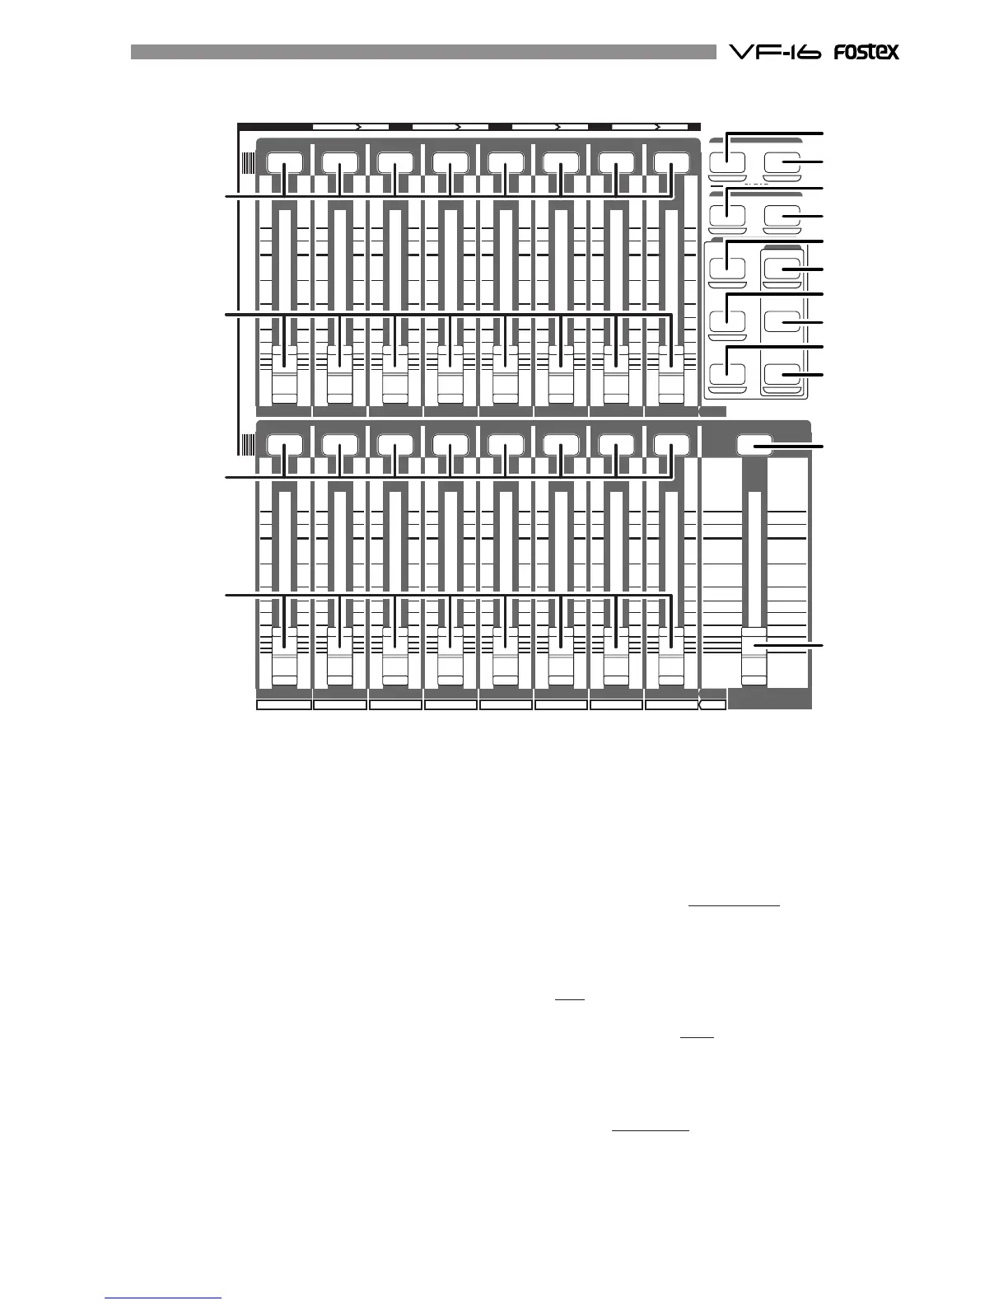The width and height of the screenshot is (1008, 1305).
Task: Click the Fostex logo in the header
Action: (865, 52)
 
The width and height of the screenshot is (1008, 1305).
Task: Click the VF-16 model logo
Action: (774, 52)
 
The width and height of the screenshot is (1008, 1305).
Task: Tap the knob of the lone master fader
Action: (754, 656)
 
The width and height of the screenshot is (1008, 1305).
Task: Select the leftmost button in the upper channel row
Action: (285, 162)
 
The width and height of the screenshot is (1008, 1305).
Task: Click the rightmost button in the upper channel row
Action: (671, 162)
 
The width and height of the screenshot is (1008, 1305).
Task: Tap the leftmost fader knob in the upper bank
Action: (285, 376)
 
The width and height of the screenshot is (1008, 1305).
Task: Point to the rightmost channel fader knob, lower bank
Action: (671, 656)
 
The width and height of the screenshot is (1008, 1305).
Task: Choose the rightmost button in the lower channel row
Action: (671, 445)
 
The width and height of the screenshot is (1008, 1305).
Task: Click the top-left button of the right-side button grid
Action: (726, 161)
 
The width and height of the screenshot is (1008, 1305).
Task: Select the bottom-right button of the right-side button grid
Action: (782, 375)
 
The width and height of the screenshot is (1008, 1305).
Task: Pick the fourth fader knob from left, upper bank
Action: (450, 376)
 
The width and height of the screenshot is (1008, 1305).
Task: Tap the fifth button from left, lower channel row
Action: (506, 445)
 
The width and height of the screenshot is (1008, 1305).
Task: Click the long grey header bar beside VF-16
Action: (423, 52)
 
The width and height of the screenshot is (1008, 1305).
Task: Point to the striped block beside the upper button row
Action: (247, 163)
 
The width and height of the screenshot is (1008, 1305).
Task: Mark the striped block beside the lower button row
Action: (247, 445)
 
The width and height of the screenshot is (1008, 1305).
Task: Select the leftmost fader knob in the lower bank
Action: (285, 656)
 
